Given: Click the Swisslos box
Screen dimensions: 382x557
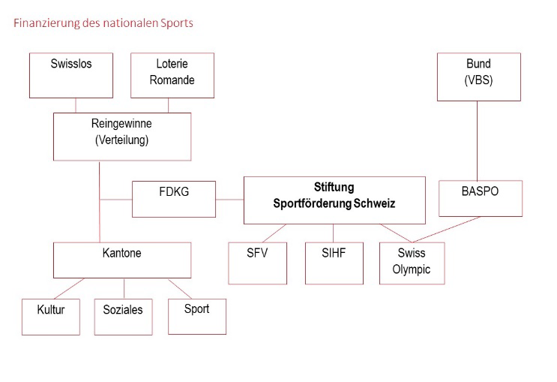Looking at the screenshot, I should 71,75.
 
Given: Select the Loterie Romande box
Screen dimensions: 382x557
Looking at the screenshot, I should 172,75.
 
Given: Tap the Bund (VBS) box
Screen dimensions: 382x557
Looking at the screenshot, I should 478,77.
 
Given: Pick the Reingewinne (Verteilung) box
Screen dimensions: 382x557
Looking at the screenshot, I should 121,136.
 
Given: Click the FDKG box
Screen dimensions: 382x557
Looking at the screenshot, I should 174,199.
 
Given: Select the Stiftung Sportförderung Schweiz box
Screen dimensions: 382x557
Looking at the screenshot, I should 334,200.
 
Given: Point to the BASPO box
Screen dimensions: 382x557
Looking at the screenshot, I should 480,198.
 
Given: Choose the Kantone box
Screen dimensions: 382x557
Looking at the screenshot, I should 121,260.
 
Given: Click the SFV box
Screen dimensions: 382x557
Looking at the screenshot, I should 257,263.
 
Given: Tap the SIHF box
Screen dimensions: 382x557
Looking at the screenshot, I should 334,263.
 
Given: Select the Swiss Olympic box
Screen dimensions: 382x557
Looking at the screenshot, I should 412,263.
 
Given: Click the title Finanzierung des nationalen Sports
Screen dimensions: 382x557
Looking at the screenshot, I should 103,23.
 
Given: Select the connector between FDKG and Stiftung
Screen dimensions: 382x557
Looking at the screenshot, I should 229,200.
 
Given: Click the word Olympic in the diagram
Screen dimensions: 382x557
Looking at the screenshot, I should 412,269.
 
